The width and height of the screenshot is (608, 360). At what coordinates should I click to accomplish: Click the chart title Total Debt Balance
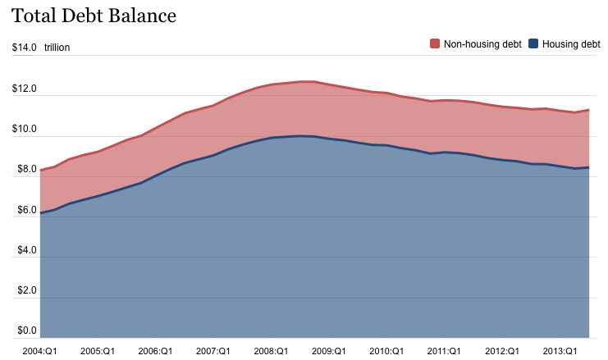tap(94, 16)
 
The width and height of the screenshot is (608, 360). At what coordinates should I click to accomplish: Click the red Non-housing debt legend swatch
tap(435, 43)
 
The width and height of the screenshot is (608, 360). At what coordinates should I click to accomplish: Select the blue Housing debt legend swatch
tap(533, 43)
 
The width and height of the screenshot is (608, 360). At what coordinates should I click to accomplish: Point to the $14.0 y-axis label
tap(24, 48)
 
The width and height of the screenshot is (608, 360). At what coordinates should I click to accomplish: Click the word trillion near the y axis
tap(57, 48)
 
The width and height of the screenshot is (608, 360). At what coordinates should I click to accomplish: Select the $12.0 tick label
tap(24, 89)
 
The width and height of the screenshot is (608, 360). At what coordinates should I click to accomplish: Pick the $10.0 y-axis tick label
tap(24, 129)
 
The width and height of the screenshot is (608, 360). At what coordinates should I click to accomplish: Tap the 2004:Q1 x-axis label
tap(40, 350)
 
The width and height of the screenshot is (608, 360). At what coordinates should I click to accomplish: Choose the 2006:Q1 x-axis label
tap(155, 350)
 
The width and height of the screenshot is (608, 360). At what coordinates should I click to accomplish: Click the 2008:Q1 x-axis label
tap(271, 350)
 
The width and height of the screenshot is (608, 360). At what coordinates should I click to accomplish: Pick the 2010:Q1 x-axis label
tap(386, 350)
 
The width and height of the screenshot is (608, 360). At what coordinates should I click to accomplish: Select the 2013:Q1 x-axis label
tap(560, 350)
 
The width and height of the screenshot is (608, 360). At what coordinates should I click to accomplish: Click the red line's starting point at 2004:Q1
tap(40, 170)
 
